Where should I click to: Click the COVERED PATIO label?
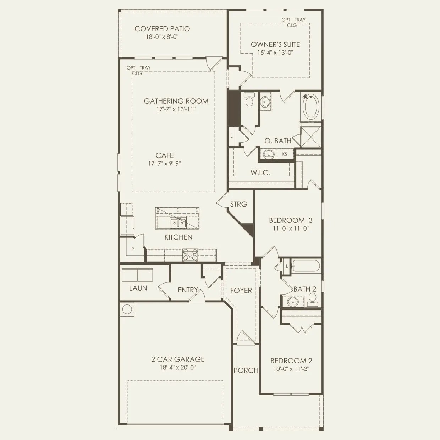(162, 29)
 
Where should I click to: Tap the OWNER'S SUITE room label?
(275, 44)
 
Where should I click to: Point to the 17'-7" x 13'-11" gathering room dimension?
(176, 109)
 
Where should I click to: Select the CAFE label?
(165, 155)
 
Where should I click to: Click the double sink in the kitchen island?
(178, 223)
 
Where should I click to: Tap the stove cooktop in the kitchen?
(190, 255)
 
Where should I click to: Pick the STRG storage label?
(238, 204)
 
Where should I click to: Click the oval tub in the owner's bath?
(310, 106)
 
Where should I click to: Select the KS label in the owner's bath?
(285, 154)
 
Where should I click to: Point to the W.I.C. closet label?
(260, 173)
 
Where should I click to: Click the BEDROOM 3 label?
(291, 220)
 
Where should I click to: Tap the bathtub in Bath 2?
(306, 266)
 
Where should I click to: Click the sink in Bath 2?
(293, 302)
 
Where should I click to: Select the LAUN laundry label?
(138, 288)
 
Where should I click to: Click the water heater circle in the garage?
(127, 309)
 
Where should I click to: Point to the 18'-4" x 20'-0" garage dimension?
(178, 368)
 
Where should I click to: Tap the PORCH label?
(246, 370)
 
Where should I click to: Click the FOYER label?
(241, 290)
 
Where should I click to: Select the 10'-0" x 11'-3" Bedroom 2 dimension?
(291, 369)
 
